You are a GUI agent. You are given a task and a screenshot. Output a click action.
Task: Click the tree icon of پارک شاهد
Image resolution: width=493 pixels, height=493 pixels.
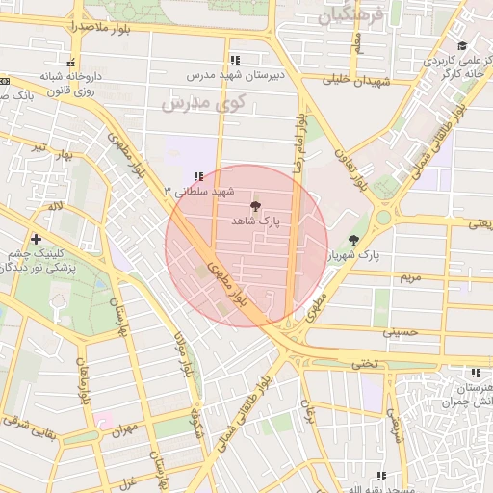(255, 206)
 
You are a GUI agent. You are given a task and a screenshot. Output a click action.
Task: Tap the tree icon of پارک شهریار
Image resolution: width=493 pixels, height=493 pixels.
(353, 240)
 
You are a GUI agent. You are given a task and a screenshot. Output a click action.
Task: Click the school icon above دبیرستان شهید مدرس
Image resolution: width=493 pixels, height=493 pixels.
(235, 60)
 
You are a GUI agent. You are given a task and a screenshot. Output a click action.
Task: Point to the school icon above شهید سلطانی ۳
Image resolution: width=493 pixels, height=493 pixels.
(198, 176)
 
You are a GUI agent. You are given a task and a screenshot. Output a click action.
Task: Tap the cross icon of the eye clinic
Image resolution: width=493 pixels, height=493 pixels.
(36, 238)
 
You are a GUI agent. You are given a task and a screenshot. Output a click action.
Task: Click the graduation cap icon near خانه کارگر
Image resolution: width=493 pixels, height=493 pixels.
(462, 45)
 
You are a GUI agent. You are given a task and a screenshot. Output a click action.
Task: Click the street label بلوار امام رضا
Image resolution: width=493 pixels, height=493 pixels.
(300, 139)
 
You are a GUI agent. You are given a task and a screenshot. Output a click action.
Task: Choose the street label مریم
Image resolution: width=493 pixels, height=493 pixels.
(411, 277)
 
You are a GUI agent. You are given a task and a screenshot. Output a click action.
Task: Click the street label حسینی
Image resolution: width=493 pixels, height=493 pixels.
(401, 331)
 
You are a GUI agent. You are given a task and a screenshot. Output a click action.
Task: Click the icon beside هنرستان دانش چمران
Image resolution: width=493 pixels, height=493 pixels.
(476, 374)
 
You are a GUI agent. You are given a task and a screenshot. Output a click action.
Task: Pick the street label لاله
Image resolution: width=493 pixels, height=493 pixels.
(57, 206)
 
